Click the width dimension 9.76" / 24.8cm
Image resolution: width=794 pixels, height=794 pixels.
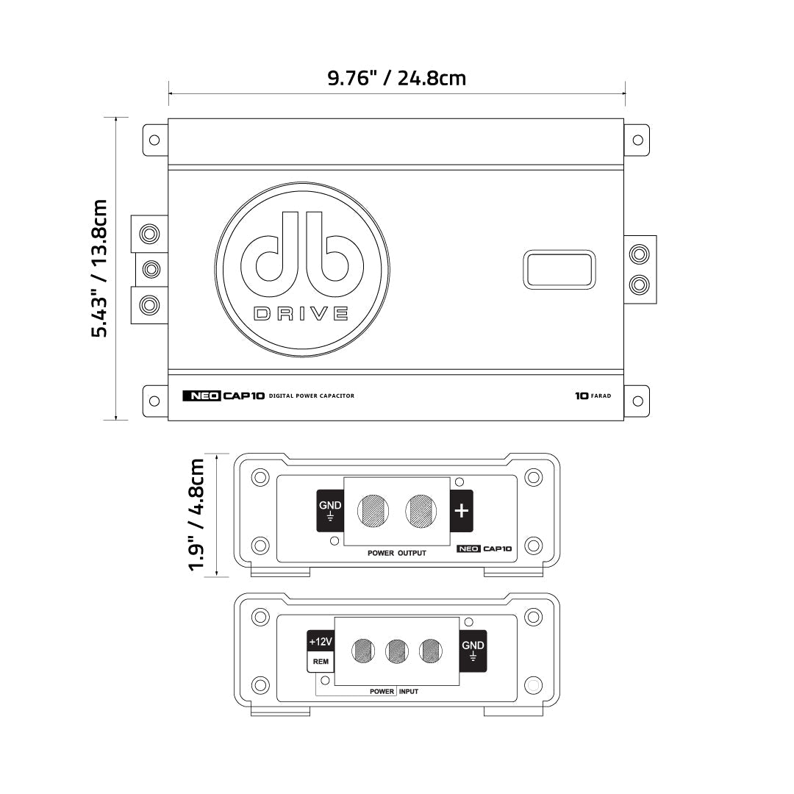396,78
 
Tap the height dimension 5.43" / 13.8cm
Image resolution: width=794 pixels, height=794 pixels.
100,268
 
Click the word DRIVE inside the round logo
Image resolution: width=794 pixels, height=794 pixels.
301,314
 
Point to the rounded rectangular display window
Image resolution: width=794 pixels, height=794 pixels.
559,269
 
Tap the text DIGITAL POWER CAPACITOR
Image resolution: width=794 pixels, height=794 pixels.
312,396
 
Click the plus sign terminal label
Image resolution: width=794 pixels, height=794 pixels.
461,510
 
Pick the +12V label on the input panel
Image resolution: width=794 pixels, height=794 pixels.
321,642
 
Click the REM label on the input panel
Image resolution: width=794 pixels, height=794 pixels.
321,662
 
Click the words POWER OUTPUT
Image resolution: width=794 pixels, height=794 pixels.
397,552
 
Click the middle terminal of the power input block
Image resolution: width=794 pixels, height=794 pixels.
397,650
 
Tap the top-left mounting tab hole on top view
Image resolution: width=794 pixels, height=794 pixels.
154,140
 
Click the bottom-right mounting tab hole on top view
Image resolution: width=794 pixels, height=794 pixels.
637,401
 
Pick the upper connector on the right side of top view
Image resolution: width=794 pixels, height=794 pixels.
640,254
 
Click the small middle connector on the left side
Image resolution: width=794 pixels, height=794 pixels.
150,268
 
